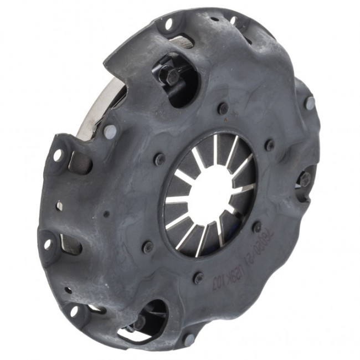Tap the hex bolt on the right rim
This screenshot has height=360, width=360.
[305, 178]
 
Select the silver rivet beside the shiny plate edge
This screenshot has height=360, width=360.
[110, 131]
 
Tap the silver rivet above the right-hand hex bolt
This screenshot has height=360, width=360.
[310, 103]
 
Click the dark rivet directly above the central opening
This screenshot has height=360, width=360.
[223, 108]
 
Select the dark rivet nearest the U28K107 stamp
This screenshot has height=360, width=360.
[198, 277]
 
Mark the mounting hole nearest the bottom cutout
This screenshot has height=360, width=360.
[73, 311]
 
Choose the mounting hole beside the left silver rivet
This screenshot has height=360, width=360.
[58, 156]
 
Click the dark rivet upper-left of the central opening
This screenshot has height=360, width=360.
[160, 159]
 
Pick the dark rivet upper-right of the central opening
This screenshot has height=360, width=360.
[270, 145]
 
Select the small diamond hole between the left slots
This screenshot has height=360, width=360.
[59, 206]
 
